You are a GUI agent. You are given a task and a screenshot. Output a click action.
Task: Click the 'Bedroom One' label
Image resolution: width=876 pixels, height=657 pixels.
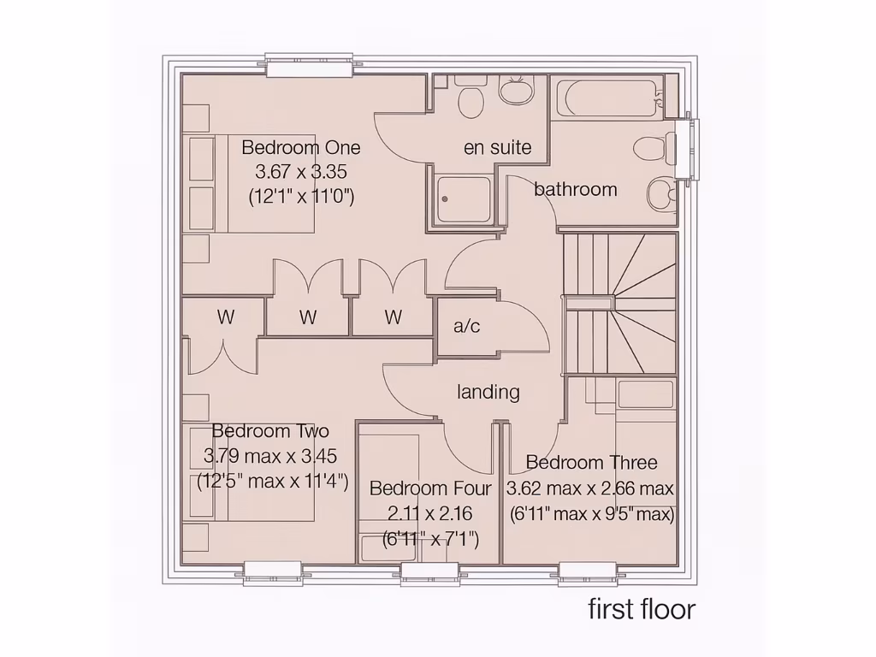pyautogui.click(x=301, y=147)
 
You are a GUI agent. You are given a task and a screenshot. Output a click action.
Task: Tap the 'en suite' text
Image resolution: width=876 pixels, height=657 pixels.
pyautogui.click(x=497, y=147)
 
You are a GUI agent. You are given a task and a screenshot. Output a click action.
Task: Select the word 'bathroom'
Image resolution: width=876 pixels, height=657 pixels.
pyautogui.click(x=575, y=189)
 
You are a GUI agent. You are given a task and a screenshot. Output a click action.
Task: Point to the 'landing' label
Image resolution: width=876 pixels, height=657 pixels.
pyautogui.click(x=488, y=392)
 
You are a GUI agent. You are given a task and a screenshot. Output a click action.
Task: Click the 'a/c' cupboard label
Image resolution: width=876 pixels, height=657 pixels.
pyautogui.click(x=466, y=326)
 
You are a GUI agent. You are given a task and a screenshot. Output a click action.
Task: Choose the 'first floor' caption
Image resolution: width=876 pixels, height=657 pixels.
pyautogui.click(x=642, y=609)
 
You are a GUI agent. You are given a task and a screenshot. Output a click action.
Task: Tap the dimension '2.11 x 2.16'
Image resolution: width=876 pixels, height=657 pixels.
pyautogui.click(x=429, y=513)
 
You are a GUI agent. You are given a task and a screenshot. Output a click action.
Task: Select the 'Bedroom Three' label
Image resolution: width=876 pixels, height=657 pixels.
pyautogui.click(x=591, y=463)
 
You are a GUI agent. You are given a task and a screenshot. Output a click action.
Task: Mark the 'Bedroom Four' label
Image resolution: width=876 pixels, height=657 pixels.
pyautogui.click(x=430, y=488)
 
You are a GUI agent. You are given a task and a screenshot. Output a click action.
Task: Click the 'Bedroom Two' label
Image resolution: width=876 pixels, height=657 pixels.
pyautogui.click(x=270, y=430)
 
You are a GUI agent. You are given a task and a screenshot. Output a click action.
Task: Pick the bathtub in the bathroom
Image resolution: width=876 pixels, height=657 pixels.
pyautogui.click(x=607, y=98)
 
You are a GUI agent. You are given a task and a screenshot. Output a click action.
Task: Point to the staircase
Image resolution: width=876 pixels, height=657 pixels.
pyautogui.click(x=619, y=303)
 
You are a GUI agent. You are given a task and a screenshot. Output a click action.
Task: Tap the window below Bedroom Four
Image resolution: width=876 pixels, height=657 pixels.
pyautogui.click(x=429, y=573)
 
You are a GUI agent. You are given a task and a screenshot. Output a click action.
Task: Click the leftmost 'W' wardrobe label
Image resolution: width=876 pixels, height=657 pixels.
pyautogui.click(x=225, y=317)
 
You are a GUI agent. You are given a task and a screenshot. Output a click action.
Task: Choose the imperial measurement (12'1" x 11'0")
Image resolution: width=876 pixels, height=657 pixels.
pyautogui.click(x=301, y=197)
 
